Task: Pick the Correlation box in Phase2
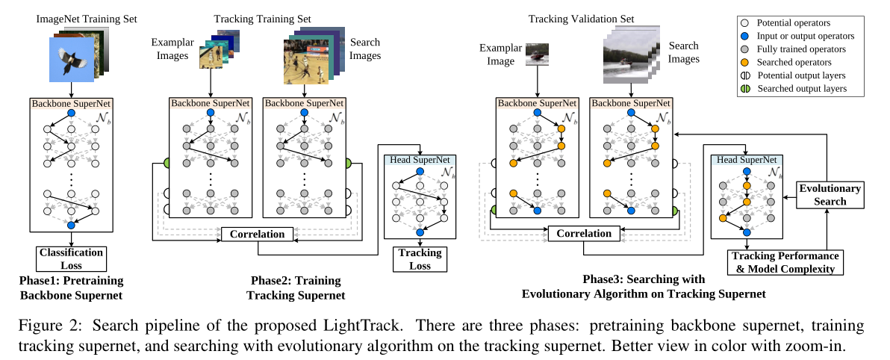click(x=257, y=235)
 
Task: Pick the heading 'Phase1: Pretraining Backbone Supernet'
click(x=71, y=288)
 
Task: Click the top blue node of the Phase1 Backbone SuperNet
click(x=71, y=114)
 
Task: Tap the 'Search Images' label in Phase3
click(x=684, y=52)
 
